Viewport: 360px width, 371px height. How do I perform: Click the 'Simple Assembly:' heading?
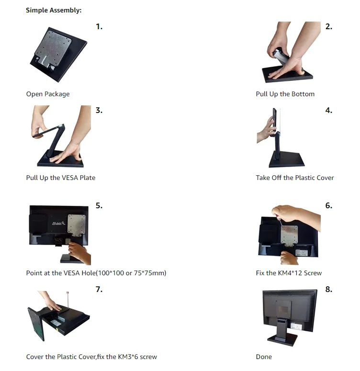coord(54,11)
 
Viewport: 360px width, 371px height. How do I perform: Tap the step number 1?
coord(99,26)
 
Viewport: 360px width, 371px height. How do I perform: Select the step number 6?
coord(328,205)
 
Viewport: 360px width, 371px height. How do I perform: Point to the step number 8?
coord(328,289)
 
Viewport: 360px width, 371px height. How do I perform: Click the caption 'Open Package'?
coord(48,94)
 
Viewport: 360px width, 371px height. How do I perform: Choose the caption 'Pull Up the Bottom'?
coord(285,94)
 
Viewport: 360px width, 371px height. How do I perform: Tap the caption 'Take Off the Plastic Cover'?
coord(295,178)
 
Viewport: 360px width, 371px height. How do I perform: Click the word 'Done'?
coord(264,357)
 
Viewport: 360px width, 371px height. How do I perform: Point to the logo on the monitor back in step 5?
coord(58,223)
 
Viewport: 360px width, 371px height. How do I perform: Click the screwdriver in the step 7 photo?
coord(68,301)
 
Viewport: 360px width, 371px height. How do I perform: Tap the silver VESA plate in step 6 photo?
coord(289,235)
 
